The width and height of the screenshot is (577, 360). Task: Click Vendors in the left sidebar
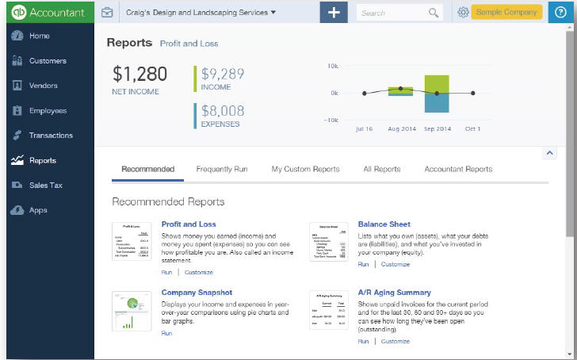tap(43, 86)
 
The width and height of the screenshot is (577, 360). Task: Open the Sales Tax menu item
tap(45, 186)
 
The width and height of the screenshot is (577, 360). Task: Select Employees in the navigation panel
tap(48, 111)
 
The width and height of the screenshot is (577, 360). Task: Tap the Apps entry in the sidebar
tap(38, 211)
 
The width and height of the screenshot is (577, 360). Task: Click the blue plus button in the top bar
tap(334, 13)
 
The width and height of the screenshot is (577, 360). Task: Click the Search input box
tap(392, 13)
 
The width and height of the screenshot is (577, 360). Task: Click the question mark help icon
tap(561, 13)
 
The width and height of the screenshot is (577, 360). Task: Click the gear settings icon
tap(464, 13)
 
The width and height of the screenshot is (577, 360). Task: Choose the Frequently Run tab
tap(222, 169)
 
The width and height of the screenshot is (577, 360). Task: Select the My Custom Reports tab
tap(305, 169)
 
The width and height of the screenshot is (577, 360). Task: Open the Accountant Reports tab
tap(458, 169)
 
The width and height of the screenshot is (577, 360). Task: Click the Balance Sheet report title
tap(384, 224)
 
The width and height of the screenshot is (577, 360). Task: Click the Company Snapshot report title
tap(197, 293)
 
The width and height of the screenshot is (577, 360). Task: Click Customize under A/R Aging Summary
tap(395, 342)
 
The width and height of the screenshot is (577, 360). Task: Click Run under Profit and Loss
tap(166, 272)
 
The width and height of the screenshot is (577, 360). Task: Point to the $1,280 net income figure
tap(139, 75)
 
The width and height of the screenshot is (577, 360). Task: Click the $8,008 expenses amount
tap(223, 112)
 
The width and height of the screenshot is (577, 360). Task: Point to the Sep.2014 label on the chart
tap(437, 128)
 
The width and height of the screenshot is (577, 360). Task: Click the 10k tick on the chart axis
tap(334, 66)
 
